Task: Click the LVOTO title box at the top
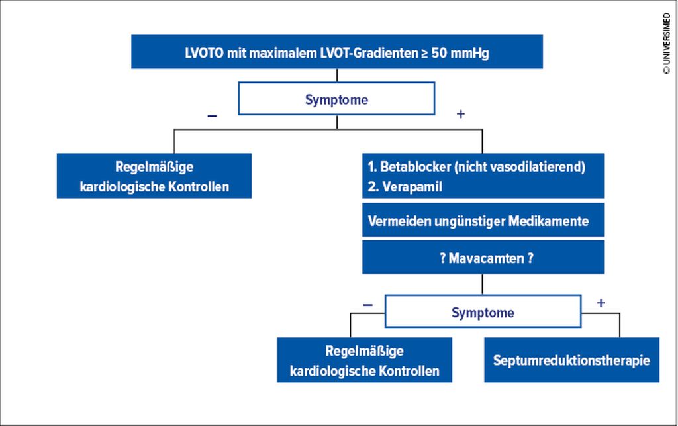pos(336,52)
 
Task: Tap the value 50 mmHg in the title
pos(460,53)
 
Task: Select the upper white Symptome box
pos(336,99)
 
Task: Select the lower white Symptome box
pos(483,312)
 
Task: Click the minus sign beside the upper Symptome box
pos(212,115)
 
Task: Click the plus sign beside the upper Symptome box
pos(461,114)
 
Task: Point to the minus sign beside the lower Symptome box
pos(367,305)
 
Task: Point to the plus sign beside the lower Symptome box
pos(601,303)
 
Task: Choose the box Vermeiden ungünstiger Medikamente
pos(483,221)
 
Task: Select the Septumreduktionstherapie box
pos(571,361)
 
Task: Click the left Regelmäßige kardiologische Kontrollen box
pos(154,176)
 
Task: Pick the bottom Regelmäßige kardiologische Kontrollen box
pos(364,360)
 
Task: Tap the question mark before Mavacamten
pos(442,258)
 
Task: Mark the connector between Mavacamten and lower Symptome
pos(483,284)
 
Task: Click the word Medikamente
pos(555,221)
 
